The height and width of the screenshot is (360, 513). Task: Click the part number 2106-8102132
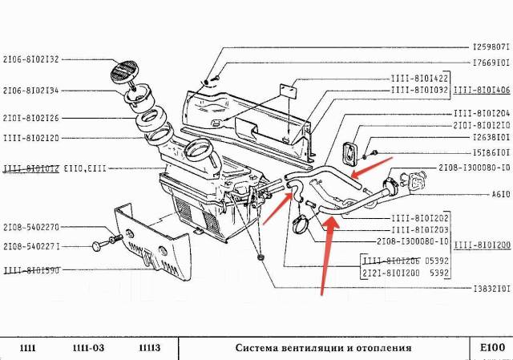(x=31, y=59)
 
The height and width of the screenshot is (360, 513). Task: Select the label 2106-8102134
(x=31, y=91)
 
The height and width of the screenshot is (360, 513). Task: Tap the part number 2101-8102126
(x=31, y=118)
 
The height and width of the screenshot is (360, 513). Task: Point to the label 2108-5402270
(x=31, y=227)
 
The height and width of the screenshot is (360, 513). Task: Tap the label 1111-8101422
(x=421, y=79)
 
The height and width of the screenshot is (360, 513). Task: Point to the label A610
(x=496, y=194)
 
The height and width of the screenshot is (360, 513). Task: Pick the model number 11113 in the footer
(x=149, y=349)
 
